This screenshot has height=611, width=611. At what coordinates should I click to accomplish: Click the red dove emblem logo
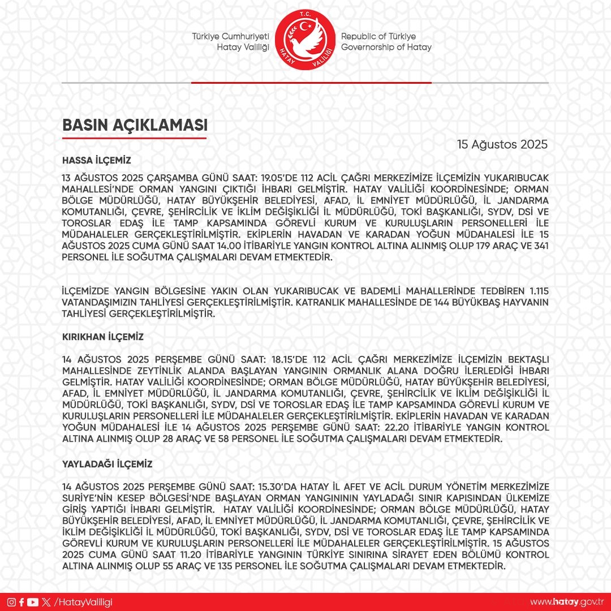click(305, 41)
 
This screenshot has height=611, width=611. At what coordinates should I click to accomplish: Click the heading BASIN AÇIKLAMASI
click(134, 126)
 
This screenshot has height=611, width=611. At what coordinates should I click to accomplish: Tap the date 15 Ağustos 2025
click(502, 144)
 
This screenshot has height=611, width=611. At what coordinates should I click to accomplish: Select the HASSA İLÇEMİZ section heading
click(97, 160)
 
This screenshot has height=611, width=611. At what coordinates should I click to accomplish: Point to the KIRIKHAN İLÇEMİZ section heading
click(102, 337)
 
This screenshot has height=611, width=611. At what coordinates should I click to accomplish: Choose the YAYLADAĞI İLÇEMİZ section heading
click(107, 464)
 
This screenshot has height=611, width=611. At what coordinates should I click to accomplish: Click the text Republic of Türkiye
click(378, 36)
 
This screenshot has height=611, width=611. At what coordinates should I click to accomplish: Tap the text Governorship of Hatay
click(386, 47)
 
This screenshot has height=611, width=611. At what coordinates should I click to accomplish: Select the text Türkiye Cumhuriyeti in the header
click(230, 36)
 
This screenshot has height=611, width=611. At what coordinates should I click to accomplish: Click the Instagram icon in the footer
click(11, 602)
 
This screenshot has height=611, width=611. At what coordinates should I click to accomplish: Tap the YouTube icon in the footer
click(33, 602)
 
